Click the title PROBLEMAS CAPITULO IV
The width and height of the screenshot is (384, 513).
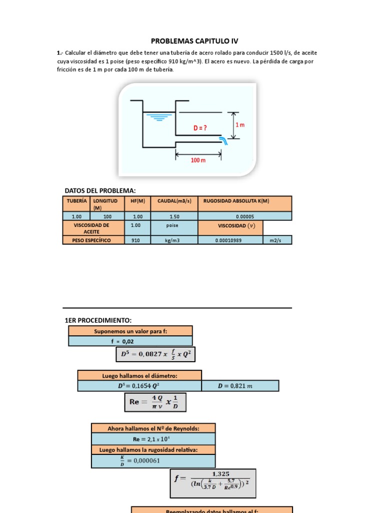tap(191, 41)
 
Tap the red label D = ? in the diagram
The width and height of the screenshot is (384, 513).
tap(200, 128)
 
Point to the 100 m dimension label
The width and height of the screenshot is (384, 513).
tap(198, 160)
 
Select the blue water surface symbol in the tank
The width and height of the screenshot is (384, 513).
tap(159, 118)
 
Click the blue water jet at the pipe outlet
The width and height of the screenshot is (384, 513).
tap(225, 140)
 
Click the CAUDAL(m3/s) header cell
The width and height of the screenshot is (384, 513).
tap(174, 201)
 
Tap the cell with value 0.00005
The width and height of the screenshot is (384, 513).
tap(244, 216)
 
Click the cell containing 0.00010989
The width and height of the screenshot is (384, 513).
tap(230, 240)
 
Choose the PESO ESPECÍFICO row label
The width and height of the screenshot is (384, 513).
tap(93, 240)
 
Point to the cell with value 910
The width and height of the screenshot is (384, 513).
tap(136, 240)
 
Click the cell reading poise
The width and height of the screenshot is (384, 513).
tap(173, 225)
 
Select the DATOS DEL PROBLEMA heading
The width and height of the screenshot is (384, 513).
tap(100, 191)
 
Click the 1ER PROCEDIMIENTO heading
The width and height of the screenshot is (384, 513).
tap(98, 320)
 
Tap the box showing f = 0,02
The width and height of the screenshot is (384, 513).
tap(130, 341)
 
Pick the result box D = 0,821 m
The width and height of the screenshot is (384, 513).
tap(240, 386)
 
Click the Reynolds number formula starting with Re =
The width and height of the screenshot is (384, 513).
tap(155, 402)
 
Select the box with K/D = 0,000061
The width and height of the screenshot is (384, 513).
tap(153, 461)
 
